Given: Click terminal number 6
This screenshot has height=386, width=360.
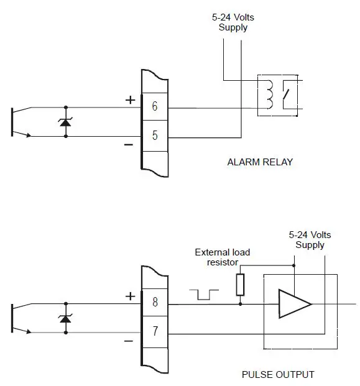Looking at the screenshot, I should (x=154, y=106).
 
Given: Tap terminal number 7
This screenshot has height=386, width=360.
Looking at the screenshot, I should (x=154, y=332).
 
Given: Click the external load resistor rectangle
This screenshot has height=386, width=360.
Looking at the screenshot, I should (x=240, y=285).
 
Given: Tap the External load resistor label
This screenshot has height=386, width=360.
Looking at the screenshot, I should (x=222, y=257).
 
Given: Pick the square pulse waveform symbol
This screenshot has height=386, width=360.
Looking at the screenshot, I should (x=203, y=295).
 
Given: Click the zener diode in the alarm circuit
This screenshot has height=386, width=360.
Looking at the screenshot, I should (x=66, y=121).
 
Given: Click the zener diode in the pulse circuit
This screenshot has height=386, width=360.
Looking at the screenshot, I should (x=66, y=318).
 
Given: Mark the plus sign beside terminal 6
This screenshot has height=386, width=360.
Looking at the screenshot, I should (x=130, y=99).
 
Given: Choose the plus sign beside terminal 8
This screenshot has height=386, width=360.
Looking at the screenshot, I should (x=130, y=296).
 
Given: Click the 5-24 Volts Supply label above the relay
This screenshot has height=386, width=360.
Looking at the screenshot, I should (x=233, y=22).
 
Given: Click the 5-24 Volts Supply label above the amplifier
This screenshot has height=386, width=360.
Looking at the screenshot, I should (x=310, y=240).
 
